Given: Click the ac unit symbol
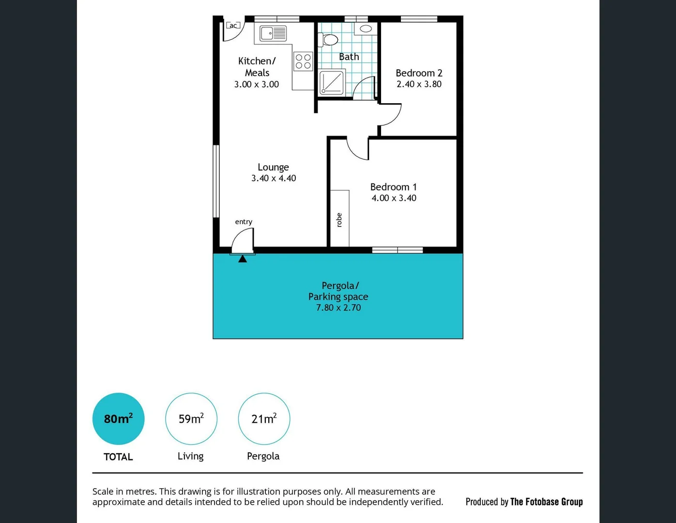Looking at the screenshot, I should click(233, 26).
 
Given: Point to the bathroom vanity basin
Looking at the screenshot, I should click(366, 29).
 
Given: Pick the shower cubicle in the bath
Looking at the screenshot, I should click(332, 82).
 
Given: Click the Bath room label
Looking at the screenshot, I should click(349, 57).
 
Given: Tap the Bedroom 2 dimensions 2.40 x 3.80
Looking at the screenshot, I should click(419, 84).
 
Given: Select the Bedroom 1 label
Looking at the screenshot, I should click(393, 187).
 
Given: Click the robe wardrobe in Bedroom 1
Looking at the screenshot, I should click(339, 218).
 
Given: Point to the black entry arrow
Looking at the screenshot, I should click(243, 259).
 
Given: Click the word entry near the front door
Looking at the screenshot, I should click(244, 222).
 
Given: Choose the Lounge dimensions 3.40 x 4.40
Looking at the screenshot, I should click(274, 178).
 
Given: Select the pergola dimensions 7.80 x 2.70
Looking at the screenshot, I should click(338, 308).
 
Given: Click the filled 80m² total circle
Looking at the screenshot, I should click(118, 419).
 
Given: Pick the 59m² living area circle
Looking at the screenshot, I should click(191, 419).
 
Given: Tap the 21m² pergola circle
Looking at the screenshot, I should click(264, 419).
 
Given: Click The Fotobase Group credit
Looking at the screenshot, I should click(546, 502).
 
